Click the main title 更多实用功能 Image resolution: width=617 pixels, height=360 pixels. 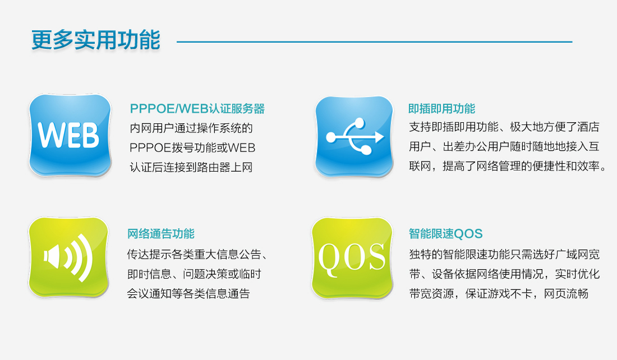click(95, 40)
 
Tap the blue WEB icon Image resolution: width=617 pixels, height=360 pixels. click(70, 135)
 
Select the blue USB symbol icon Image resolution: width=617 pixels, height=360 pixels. click(354, 136)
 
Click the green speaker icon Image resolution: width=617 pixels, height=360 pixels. click(69, 257)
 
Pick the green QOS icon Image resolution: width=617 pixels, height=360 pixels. click(352, 258)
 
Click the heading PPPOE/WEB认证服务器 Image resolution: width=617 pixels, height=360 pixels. click(197, 109)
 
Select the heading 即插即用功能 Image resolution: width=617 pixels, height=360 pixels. click(441, 109)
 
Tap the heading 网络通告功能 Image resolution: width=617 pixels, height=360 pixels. click(160, 234)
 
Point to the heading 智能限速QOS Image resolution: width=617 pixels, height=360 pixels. click(445, 234)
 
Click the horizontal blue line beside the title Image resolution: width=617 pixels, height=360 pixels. click(375, 41)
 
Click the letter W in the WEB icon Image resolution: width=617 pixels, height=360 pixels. click(50, 135)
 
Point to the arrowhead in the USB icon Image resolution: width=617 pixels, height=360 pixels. click(379, 137)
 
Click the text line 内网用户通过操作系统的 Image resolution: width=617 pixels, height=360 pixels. click(191, 128)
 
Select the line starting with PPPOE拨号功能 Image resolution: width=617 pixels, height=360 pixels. click(192, 148)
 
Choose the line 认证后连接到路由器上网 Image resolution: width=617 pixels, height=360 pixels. click(191, 168)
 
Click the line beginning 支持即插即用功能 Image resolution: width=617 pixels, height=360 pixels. click(504, 127)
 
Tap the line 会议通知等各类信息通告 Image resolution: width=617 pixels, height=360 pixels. click(188, 293)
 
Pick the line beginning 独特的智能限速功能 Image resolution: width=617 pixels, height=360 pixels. click(504, 254)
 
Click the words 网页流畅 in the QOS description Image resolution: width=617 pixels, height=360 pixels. click(566, 293)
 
